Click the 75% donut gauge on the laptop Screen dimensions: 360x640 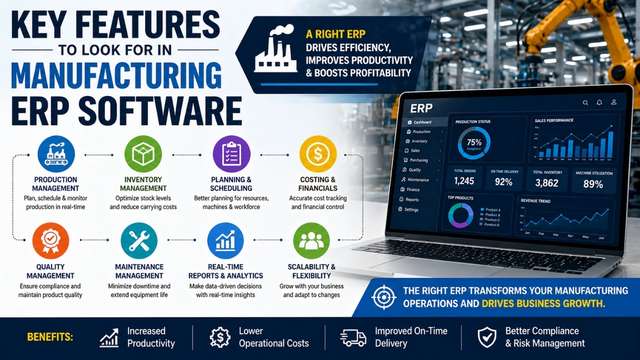(x=473, y=142)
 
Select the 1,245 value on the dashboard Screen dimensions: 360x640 (x=463, y=182)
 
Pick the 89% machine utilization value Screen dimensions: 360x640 (x=594, y=182)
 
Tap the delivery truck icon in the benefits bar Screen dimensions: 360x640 (x=354, y=337)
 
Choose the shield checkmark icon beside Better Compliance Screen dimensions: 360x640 (x=487, y=337)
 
